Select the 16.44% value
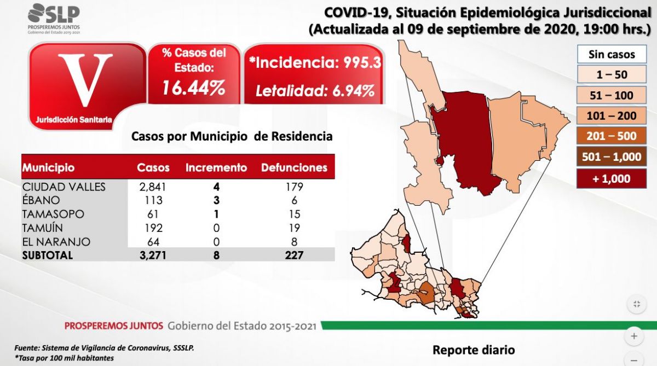194,87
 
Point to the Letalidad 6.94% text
315,90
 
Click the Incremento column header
216,167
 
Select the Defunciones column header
294,167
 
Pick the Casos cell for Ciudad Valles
153,187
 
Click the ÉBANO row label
41,200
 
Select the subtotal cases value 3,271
153,255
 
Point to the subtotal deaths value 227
293,255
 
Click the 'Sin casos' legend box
612,54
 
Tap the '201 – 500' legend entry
612,136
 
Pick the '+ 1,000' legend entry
612,178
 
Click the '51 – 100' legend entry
612,95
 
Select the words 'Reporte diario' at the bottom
474,350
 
